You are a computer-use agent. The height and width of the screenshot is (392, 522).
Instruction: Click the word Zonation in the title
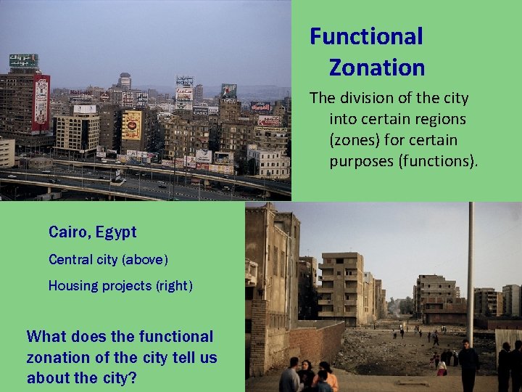(x=376, y=68)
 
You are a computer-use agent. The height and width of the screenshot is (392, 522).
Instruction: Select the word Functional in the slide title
(x=366, y=36)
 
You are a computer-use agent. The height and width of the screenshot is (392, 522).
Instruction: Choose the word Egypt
(x=116, y=233)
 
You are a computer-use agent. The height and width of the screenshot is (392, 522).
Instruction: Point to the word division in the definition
(x=372, y=98)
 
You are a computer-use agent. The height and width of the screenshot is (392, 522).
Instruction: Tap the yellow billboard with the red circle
(x=132, y=125)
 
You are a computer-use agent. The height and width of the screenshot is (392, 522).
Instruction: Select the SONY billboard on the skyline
(x=184, y=82)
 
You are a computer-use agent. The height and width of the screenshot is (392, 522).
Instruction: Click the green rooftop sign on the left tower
(x=23, y=60)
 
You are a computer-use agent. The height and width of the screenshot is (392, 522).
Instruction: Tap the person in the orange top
(x=329, y=377)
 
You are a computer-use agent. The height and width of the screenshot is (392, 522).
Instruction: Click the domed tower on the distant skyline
(x=125, y=79)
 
